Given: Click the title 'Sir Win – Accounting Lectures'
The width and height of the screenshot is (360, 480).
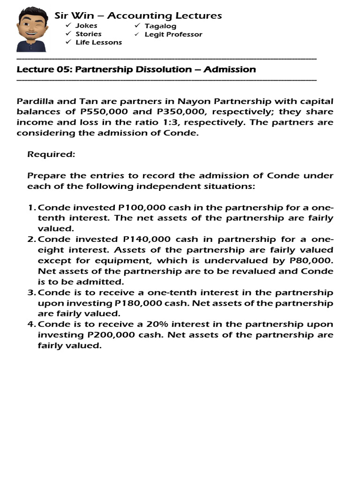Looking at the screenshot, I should [x=138, y=15].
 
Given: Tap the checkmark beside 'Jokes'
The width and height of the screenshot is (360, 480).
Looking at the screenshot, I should [x=68, y=25].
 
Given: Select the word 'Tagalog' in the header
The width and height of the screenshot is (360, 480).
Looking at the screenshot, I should [x=160, y=26].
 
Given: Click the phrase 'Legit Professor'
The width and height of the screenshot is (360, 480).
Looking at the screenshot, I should [x=173, y=34].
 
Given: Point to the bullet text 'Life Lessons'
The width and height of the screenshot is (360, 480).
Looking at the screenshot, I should [x=98, y=42].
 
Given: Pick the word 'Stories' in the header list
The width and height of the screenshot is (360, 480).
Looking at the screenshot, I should [x=88, y=34].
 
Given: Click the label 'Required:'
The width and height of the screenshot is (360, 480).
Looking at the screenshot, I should [x=51, y=154].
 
